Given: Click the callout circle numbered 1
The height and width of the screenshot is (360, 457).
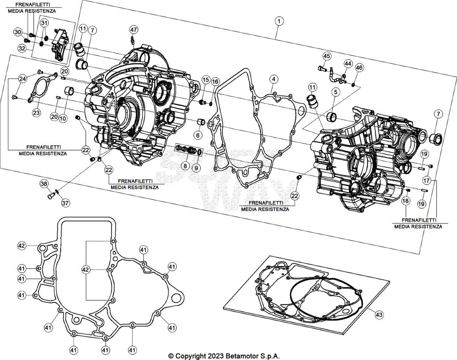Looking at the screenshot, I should tap(279, 21).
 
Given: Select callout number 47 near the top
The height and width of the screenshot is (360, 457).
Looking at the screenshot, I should tap(134, 29).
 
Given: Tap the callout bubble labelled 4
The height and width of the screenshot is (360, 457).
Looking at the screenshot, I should tap(273, 79).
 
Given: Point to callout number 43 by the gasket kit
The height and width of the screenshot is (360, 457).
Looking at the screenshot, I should tap(379, 315).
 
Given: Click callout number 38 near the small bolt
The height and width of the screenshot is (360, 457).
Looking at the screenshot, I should tap(44, 184).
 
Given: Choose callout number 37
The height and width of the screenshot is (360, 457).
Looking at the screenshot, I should tap(66, 203).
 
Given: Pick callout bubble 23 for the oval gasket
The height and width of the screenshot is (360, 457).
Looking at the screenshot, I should tap(37, 113).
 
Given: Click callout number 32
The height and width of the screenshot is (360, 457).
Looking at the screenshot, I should tap(22, 48).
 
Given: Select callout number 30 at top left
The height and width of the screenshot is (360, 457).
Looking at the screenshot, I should tap(18, 32).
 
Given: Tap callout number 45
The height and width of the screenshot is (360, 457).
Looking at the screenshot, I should tap(327, 56).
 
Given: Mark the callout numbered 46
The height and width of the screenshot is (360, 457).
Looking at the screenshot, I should tap(359, 67).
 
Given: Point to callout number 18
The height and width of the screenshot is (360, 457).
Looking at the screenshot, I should tap(405, 201).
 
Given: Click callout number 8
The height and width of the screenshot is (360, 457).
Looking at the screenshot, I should tap(184, 166).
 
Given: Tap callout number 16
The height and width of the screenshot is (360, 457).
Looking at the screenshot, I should tap(216, 82).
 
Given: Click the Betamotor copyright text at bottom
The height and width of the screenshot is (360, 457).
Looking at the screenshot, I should tap(224, 356).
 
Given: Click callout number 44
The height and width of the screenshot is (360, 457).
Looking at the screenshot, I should tap(347, 64).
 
